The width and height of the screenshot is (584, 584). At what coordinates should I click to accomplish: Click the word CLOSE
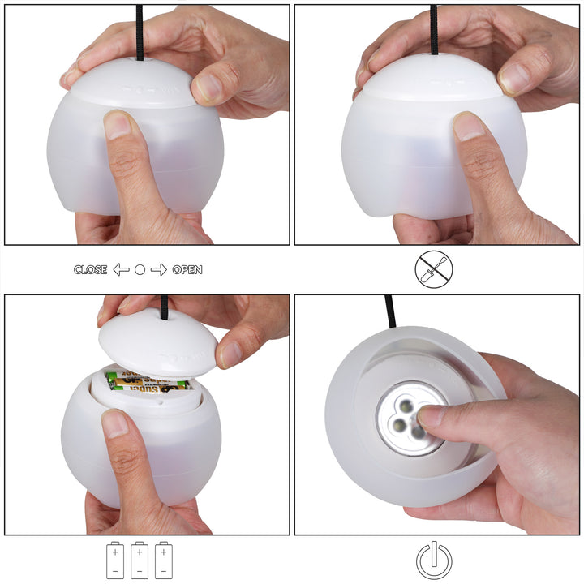pos(90,269)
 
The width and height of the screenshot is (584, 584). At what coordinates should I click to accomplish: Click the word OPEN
pos(187,269)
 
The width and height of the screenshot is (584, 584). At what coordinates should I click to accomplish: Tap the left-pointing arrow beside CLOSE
pos(121,269)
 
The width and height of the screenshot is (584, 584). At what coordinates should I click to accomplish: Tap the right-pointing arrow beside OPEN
pos(159,269)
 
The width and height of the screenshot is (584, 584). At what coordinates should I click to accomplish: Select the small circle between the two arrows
pos(140,269)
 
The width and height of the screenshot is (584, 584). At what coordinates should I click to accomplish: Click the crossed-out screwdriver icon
pos(434,269)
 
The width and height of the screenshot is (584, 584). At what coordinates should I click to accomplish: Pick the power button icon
pos(434,560)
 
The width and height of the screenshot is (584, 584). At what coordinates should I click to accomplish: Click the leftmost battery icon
pos(115,560)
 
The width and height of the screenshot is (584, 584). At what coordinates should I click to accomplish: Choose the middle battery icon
pos(139,560)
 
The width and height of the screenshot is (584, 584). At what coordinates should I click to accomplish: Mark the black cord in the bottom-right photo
pos(391,312)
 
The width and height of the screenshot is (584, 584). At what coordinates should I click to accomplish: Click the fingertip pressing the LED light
pos(431,417)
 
